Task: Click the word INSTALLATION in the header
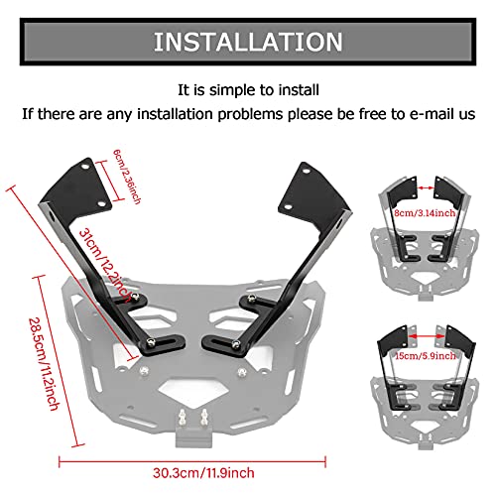[248, 43]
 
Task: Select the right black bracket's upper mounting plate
[307, 187]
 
